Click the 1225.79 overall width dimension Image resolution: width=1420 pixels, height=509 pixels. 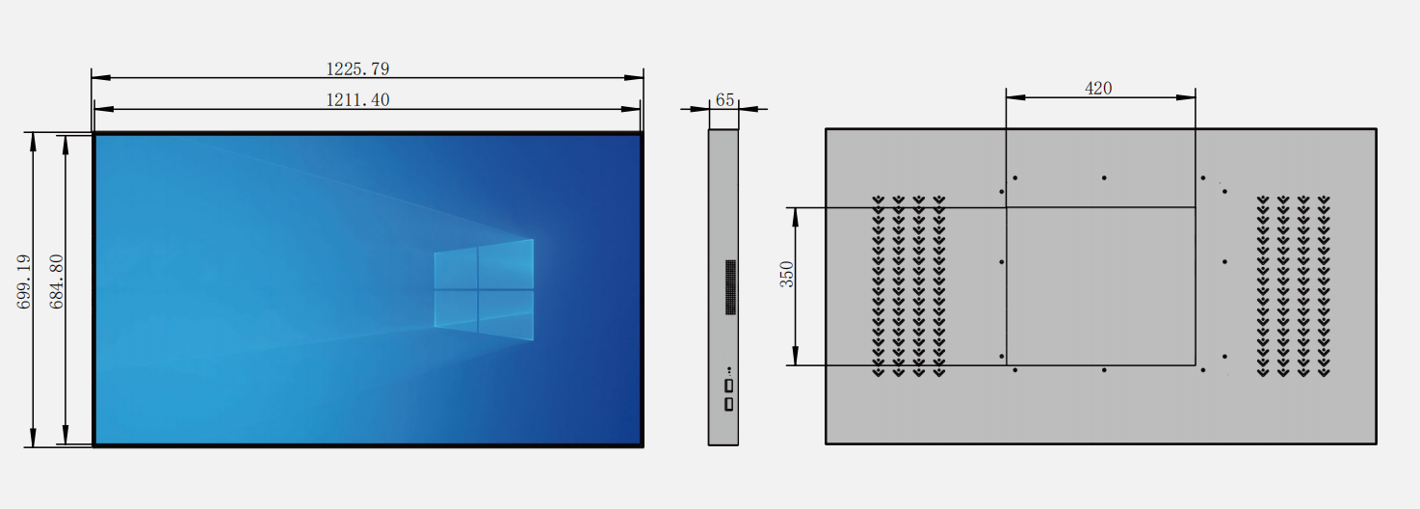pyautogui.click(x=357, y=68)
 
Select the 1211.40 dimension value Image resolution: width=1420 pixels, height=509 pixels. pyautogui.click(x=357, y=99)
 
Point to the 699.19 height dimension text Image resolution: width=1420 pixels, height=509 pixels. pyautogui.click(x=24, y=281)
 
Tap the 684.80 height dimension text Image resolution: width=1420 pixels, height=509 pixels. pyautogui.click(x=56, y=281)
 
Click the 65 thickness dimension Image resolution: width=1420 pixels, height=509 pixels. pyautogui.click(x=724, y=100)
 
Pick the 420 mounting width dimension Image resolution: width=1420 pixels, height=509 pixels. pyautogui.click(x=1098, y=88)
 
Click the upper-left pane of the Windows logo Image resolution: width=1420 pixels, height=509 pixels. pyautogui.click(x=456, y=269)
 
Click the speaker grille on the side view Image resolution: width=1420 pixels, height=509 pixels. pyautogui.click(x=730, y=286)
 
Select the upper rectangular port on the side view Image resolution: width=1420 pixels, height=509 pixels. pyautogui.click(x=729, y=386)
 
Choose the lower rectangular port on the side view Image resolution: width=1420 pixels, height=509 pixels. pyautogui.click(x=729, y=404)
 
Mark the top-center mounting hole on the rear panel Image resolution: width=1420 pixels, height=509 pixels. pyautogui.click(x=1104, y=177)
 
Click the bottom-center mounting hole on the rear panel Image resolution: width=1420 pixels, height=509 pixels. pyautogui.click(x=1104, y=370)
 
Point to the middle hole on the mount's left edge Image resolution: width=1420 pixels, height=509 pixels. pyautogui.click(x=1002, y=261)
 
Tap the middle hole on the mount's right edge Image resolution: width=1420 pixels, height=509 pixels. pyautogui.click(x=1224, y=261)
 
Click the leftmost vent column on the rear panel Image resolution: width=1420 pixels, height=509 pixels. pyautogui.click(x=878, y=286)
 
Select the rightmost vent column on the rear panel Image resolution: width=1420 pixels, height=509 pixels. pyautogui.click(x=1324, y=286)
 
